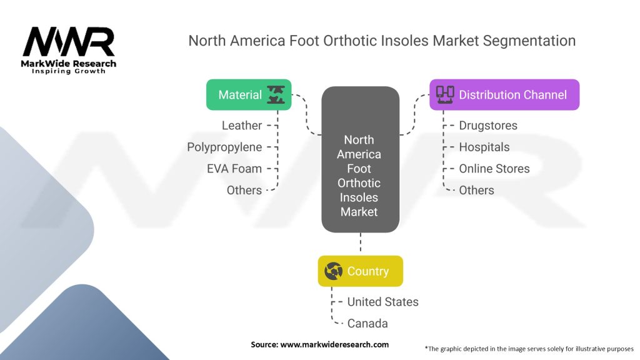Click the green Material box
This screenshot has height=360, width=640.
pyautogui.click(x=249, y=95)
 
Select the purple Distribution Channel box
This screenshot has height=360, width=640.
pyautogui.click(x=504, y=95)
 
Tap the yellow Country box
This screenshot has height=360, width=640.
pyautogui.click(x=361, y=271)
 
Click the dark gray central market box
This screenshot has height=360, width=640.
pyautogui.click(x=361, y=159)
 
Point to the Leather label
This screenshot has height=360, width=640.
pyautogui.click(x=242, y=125)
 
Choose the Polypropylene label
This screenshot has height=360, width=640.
pyautogui.click(x=224, y=147)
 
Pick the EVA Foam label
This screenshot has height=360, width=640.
pyautogui.click(x=234, y=169)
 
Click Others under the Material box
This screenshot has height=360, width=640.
pyautogui.click(x=244, y=190)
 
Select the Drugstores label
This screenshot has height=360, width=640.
pyautogui.click(x=488, y=125)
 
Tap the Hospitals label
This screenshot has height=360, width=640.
pyautogui.click(x=484, y=147)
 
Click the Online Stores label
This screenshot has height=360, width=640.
pyautogui.click(x=494, y=169)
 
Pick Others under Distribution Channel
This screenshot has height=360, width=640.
pyautogui.click(x=476, y=190)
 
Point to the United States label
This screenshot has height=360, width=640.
pyautogui.click(x=383, y=302)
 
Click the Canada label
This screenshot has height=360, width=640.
pyautogui.click(x=367, y=323)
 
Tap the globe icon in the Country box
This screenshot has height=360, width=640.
pyautogui.click(x=334, y=271)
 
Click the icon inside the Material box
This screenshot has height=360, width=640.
pyautogui.click(x=276, y=95)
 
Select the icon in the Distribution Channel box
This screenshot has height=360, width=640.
pyautogui.click(x=445, y=95)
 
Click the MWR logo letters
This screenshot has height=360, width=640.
pyautogui.click(x=69, y=42)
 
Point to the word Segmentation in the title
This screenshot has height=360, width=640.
pyautogui.click(x=529, y=41)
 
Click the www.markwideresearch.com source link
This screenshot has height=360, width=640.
pyautogui.click(x=334, y=344)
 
